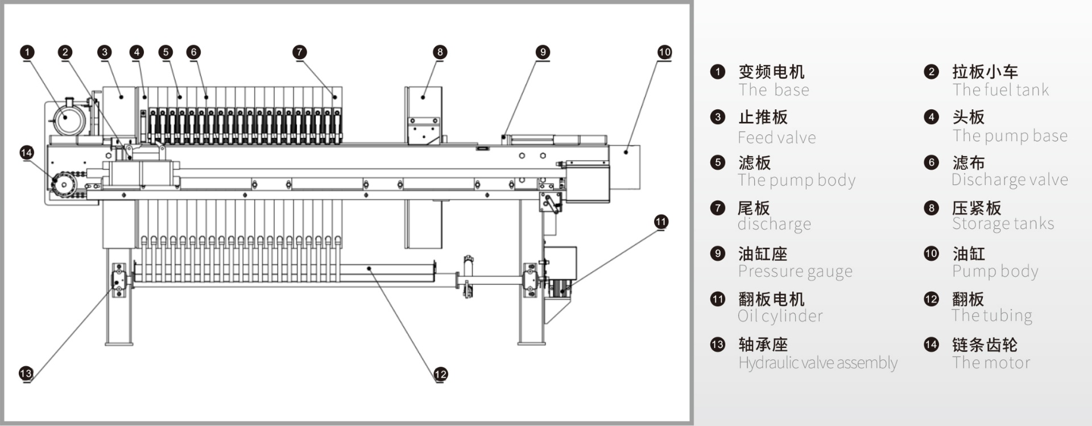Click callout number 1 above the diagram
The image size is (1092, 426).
point(27,52)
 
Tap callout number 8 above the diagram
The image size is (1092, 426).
point(440,52)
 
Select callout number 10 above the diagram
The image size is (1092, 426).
point(664,52)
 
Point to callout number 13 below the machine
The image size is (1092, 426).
point(26,374)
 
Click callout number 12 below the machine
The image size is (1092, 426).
point(441,374)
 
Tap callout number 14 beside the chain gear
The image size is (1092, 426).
point(27,153)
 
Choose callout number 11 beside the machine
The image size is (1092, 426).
point(661,222)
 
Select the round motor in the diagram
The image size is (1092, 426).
point(67,117)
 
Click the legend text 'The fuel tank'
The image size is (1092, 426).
point(1000,90)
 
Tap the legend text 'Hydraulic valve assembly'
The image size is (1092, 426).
point(817,363)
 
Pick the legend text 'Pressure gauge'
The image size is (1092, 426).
point(795,272)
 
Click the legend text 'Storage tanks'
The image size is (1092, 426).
point(1003,224)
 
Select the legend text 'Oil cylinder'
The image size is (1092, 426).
point(780,316)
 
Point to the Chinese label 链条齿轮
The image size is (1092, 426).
point(985,345)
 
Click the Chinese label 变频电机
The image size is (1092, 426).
point(771,72)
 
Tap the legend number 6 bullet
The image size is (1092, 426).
point(931,162)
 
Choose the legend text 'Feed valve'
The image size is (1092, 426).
point(776,138)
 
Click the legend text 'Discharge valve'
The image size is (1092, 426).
point(1010,180)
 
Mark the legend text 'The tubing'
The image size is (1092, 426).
point(992,316)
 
